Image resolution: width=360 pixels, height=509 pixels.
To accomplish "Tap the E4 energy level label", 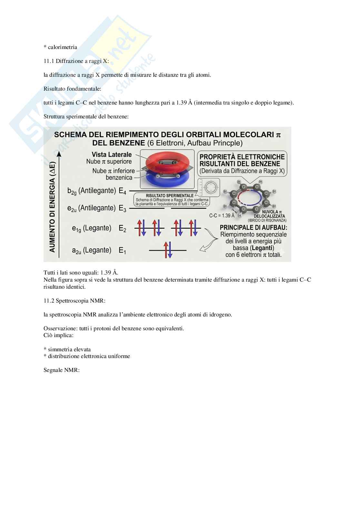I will click(x=122, y=191).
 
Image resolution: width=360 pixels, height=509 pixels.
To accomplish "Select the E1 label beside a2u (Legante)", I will click(x=122, y=250).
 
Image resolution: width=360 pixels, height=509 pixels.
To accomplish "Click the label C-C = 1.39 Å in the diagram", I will click(x=222, y=215).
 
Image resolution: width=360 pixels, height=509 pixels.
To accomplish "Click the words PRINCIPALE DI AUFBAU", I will click(x=253, y=227).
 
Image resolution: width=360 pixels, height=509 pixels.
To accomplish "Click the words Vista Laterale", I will click(x=112, y=155).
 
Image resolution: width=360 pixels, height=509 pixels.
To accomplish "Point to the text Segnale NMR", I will click(x=61, y=370).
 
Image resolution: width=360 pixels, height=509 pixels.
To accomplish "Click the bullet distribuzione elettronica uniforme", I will click(x=89, y=356).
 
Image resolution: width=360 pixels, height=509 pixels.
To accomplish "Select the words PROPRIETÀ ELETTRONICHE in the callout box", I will click(x=242, y=157).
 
